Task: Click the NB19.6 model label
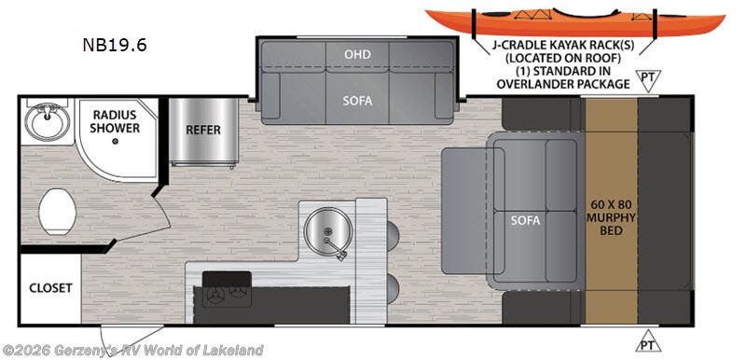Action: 113,43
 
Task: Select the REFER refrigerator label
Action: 202,130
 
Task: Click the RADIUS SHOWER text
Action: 114,121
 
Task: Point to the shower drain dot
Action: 114,141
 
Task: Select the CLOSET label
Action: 50,288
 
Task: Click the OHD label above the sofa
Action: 357,55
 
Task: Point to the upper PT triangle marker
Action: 645,78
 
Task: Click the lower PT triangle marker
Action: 645,342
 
